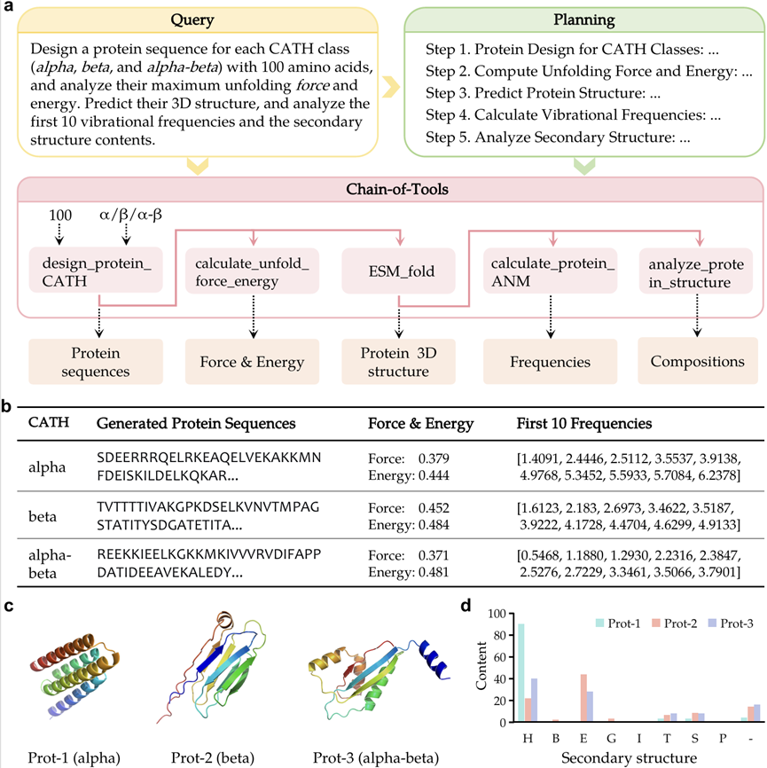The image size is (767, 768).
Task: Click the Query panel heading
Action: pyautogui.click(x=195, y=18)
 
